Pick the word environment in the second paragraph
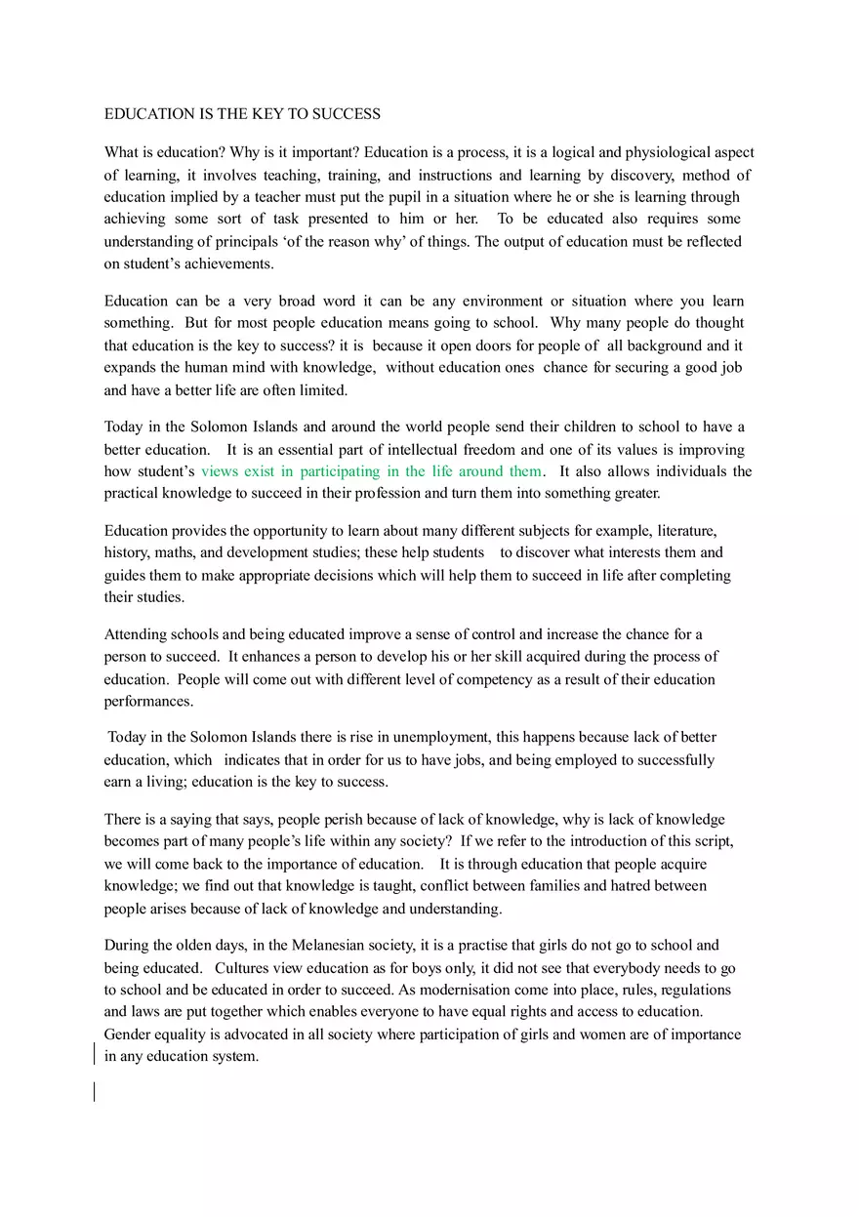488,301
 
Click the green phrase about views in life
371,471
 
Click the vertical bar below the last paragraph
95,1091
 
